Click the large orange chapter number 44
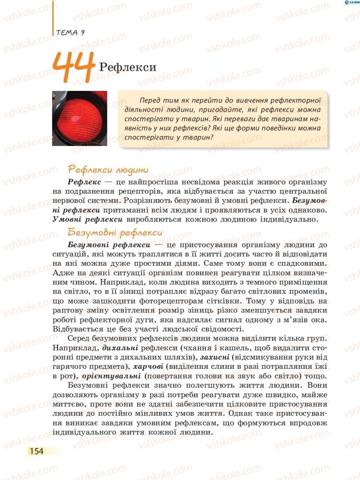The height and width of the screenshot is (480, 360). (74, 67)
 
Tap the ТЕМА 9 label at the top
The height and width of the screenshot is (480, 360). (71, 32)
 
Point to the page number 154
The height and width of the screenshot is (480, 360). (36, 451)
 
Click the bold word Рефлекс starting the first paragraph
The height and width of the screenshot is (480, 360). (84, 181)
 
